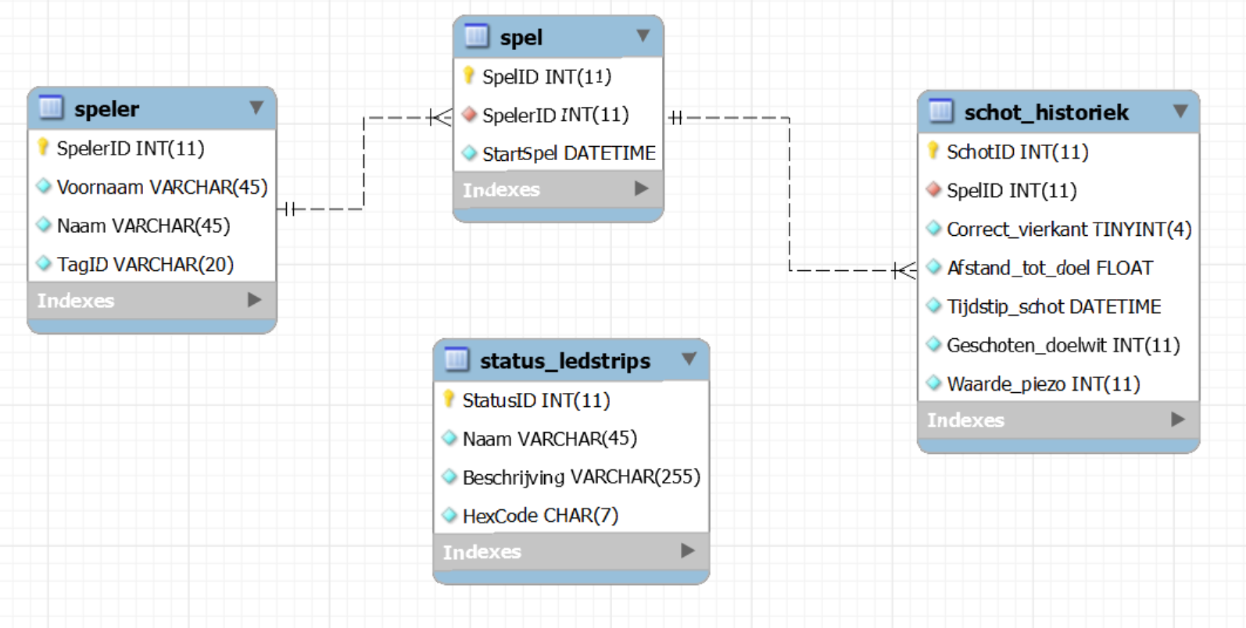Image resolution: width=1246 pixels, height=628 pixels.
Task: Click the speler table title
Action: [107, 109]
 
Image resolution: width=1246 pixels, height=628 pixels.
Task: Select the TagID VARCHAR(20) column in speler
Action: [145, 265]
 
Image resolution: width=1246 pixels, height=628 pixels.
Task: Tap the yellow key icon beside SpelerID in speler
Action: [43, 147]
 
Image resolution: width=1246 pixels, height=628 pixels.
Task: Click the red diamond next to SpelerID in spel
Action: [469, 115]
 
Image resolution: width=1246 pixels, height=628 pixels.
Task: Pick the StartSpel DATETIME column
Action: [568, 153]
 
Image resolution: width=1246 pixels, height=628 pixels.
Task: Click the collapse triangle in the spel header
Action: [643, 36]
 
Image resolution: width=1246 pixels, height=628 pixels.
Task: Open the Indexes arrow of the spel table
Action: [641, 189]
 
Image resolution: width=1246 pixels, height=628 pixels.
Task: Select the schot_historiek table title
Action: [1046, 112]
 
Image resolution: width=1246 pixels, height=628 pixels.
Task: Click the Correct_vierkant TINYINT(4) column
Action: [1068, 230]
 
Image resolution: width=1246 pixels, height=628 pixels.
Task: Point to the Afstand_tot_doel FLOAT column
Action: [1049, 268]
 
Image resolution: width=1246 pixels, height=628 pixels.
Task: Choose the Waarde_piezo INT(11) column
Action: [1043, 384]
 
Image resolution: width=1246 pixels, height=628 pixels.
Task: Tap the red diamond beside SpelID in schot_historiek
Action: [933, 190]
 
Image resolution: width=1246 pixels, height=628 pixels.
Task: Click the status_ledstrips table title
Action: [564, 361]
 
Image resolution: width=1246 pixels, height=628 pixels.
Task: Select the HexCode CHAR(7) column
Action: [540, 516]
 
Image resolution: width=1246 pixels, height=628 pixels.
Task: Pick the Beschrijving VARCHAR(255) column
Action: [581, 477]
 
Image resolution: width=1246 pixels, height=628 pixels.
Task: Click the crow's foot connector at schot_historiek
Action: [905, 270]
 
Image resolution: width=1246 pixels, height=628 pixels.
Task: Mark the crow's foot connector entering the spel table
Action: [441, 118]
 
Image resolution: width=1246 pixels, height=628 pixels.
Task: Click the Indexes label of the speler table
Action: [76, 301]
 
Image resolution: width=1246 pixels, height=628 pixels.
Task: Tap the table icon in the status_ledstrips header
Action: [457, 360]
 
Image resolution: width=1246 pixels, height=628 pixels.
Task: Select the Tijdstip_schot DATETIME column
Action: [1053, 307]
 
